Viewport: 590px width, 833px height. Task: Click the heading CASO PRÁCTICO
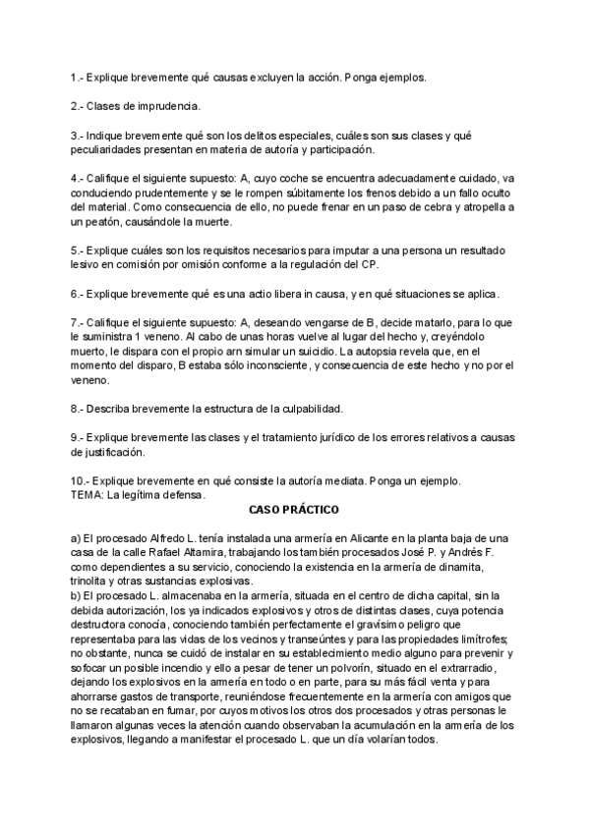point(294,511)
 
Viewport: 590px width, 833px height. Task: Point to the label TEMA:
point(87,495)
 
